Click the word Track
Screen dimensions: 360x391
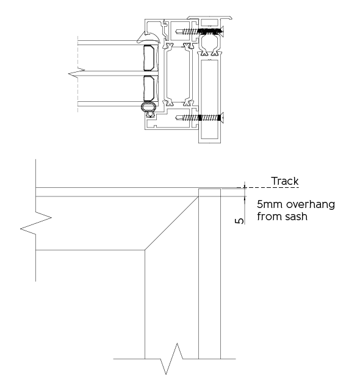click(285, 181)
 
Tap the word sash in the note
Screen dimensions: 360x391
click(294, 217)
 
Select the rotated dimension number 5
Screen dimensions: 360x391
click(240, 221)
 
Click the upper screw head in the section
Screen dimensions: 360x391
click(222, 31)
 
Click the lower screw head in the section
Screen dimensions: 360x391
click(222, 118)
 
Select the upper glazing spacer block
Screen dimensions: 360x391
click(151, 58)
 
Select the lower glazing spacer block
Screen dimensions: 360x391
click(151, 88)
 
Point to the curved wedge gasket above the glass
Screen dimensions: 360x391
click(148, 37)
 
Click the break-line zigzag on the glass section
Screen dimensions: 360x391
click(76, 72)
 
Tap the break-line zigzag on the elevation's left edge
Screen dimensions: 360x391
click(35, 223)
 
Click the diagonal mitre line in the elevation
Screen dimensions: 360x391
click(171, 223)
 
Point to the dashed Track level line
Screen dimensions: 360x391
click(267, 187)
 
